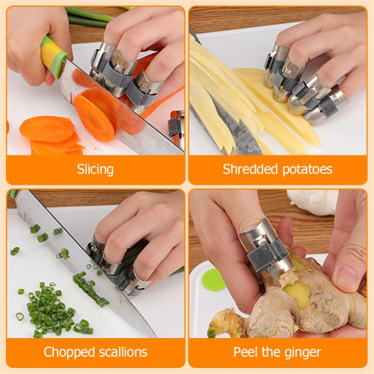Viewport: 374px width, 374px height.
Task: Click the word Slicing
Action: (x=95, y=170)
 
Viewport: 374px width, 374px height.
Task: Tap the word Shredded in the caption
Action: (x=250, y=169)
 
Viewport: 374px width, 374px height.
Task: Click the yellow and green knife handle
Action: (x=53, y=56)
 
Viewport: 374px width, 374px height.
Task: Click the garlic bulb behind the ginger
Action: (x=313, y=203)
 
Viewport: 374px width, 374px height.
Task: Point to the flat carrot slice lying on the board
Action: (x=46, y=129)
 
